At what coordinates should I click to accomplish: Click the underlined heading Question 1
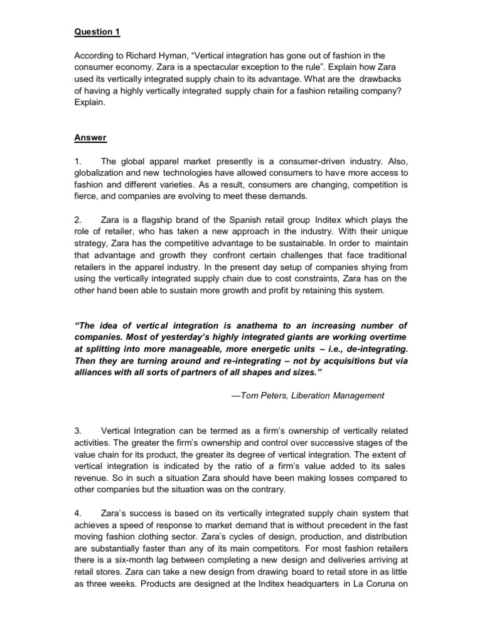click(97, 31)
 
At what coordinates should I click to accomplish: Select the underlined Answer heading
click(90, 137)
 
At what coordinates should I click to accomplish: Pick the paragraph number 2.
click(77, 220)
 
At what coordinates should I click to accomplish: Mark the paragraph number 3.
click(77, 431)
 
